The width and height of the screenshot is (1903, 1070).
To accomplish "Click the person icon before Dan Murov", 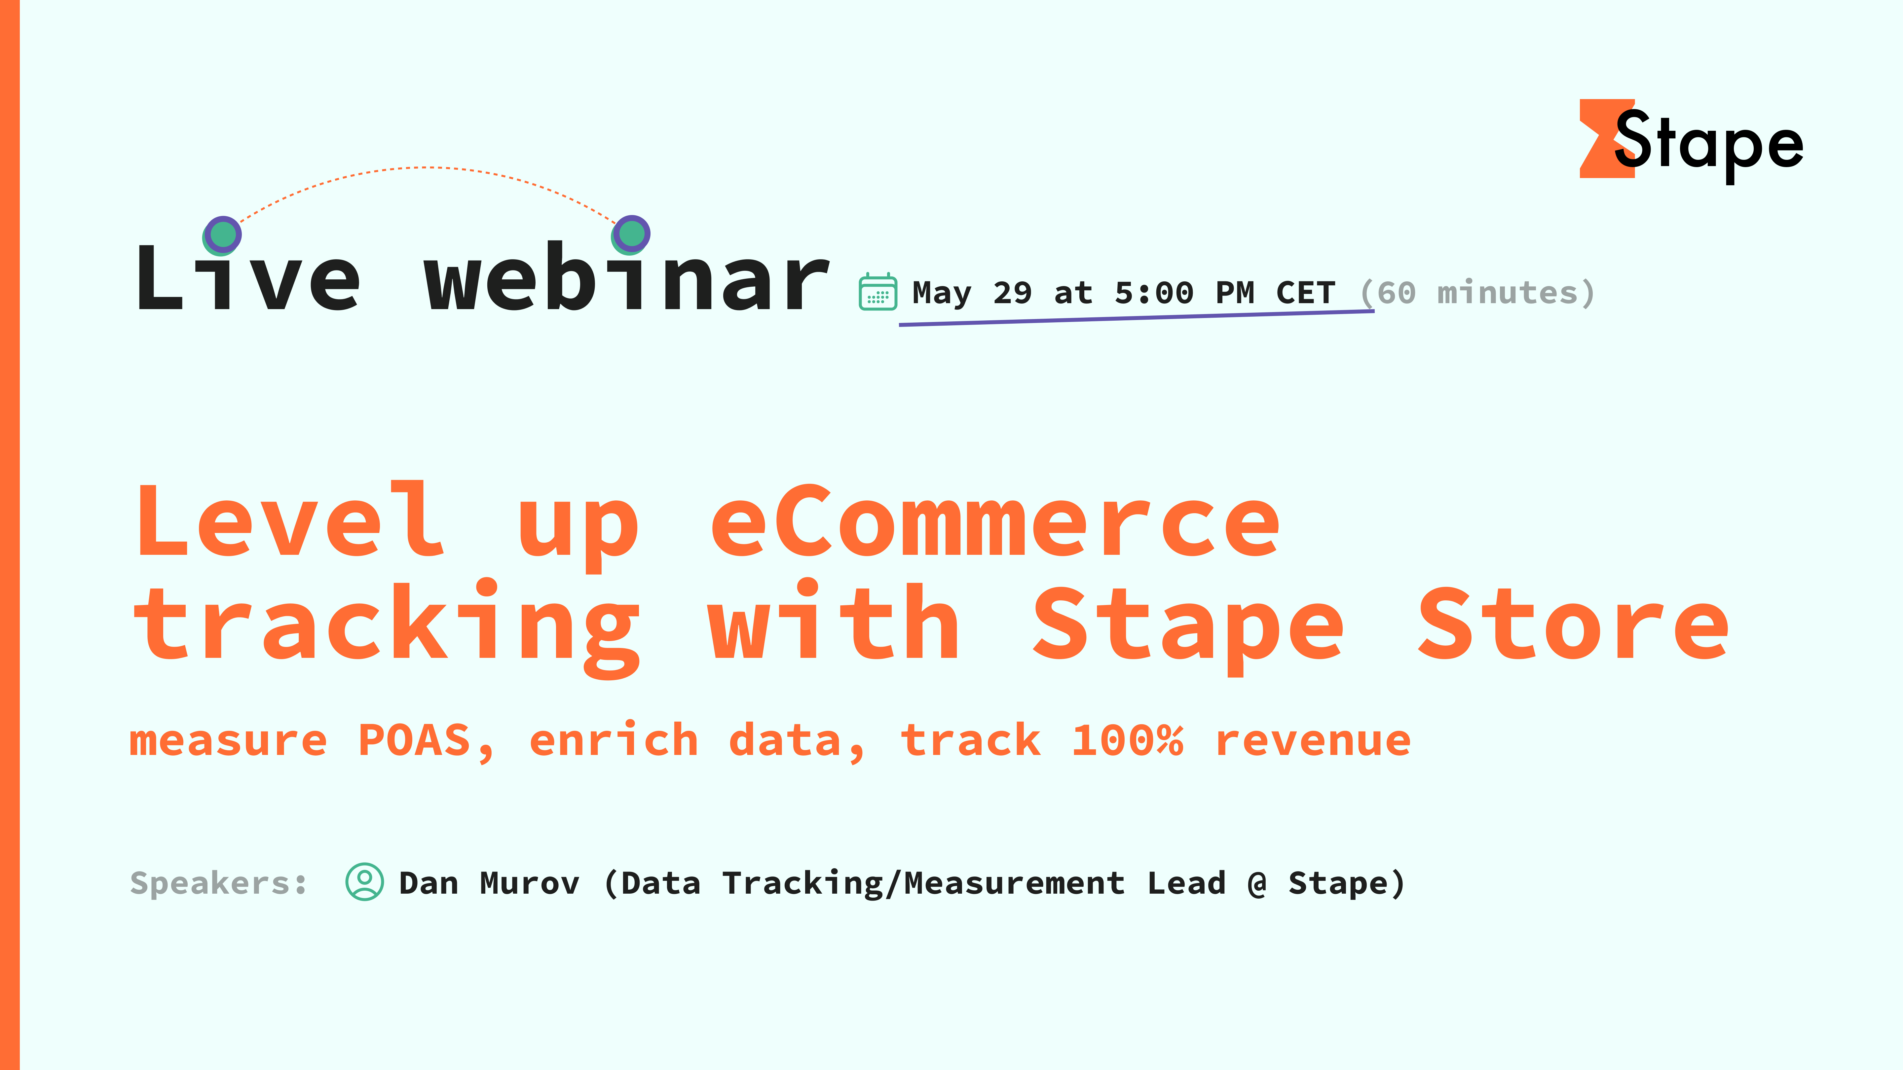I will coord(364,882).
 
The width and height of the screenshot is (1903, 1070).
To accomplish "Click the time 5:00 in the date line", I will coord(1154,293).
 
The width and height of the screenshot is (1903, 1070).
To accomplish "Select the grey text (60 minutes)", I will coord(1477,293).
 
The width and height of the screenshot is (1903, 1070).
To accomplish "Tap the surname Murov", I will coord(530,883).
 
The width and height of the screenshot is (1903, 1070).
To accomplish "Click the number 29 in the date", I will coord(1012,293).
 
